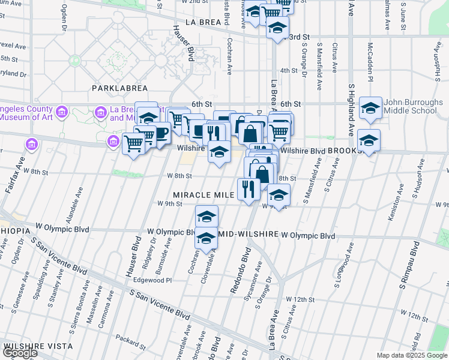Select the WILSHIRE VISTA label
pyautogui.click(x=37, y=346)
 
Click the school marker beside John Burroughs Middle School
pyautogui.click(x=371, y=108)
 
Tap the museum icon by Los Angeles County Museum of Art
pyautogui.click(x=61, y=112)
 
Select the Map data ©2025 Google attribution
pyautogui.click(x=412, y=355)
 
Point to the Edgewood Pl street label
pyautogui.click(x=152, y=280)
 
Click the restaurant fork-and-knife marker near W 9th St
pyautogui.click(x=249, y=189)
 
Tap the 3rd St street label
pyautogui.click(x=295, y=37)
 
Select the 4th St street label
pyautogui.click(x=289, y=70)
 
